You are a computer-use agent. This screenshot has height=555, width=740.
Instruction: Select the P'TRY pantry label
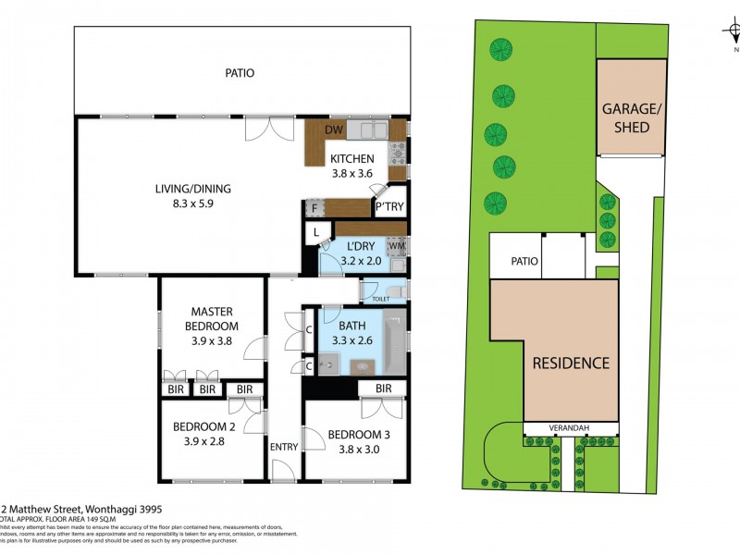click(x=388, y=208)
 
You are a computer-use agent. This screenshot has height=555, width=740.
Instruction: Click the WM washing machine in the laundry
click(x=397, y=247)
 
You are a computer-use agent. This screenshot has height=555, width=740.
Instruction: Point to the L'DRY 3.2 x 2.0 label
click(x=360, y=253)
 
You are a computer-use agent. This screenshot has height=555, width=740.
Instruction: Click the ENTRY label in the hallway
click(x=284, y=447)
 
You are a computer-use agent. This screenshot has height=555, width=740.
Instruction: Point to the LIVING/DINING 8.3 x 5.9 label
click(x=192, y=196)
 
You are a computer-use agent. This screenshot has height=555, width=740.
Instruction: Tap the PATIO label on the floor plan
click(x=239, y=73)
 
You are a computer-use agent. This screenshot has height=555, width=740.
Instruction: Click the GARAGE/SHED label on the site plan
click(x=631, y=117)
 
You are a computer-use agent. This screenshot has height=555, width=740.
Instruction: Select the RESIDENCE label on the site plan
click(x=571, y=363)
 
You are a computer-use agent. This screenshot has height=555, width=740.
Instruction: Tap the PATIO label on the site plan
click(x=524, y=262)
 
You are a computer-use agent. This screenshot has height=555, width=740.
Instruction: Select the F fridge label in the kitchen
click(x=314, y=208)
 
